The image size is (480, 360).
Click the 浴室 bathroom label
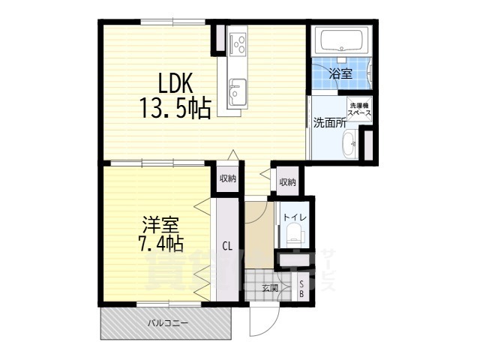tap(340, 73)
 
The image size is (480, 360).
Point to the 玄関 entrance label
tap(270, 288)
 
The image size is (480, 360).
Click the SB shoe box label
tap(302, 289)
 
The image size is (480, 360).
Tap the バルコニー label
tap(167, 324)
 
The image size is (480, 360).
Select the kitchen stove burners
tap(239, 43)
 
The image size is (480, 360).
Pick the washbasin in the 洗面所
tap(350, 145)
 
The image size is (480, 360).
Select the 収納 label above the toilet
tap(286, 181)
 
